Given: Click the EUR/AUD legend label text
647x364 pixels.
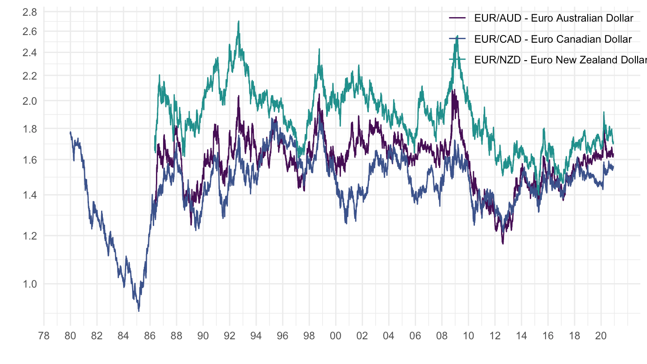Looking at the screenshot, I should point(554,18).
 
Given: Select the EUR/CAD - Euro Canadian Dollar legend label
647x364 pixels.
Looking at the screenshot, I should point(553,40).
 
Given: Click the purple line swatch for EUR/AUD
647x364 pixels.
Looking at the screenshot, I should point(457,18).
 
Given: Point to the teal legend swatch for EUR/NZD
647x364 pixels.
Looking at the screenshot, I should point(457,60).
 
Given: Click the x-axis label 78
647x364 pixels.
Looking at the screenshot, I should point(44,336).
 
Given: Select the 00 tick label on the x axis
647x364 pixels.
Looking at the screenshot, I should point(335,336).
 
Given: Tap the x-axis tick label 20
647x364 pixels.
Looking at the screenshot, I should point(601,336).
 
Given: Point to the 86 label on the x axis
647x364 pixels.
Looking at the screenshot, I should point(150,336).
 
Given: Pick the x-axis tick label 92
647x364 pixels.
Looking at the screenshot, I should point(230,336).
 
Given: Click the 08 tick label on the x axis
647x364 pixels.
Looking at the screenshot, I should point(442,336).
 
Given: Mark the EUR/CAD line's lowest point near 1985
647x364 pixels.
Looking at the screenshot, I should point(139,311).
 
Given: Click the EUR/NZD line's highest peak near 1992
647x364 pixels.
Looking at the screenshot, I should point(239,21).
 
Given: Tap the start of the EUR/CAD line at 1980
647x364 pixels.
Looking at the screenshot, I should point(71,132).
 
